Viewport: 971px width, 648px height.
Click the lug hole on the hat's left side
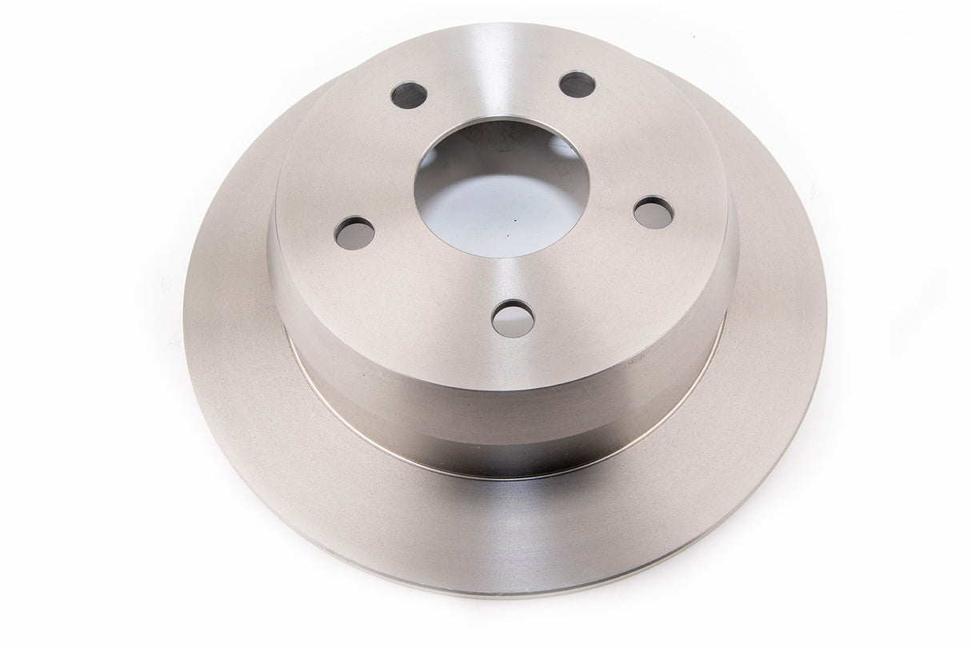(x=354, y=232)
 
